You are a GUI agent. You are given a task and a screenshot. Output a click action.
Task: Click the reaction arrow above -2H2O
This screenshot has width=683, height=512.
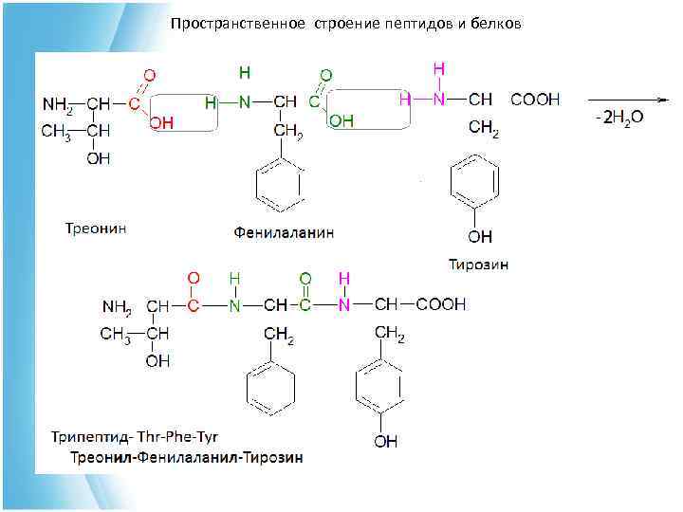[625, 99]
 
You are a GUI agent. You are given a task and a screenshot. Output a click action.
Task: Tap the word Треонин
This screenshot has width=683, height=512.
[96, 228]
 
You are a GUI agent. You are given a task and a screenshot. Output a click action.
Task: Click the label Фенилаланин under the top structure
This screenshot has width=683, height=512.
[285, 231]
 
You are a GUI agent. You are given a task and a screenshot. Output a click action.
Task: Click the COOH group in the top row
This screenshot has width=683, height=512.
[535, 99]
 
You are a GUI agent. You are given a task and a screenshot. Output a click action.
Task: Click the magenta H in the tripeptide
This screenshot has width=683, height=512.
[344, 279]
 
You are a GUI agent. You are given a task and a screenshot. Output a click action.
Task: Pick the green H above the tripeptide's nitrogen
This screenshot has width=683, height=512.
[234, 279]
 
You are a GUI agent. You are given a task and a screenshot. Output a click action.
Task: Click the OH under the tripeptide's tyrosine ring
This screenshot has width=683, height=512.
[385, 441]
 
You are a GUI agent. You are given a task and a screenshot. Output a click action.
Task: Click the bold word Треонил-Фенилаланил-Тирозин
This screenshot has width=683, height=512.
[186, 457]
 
